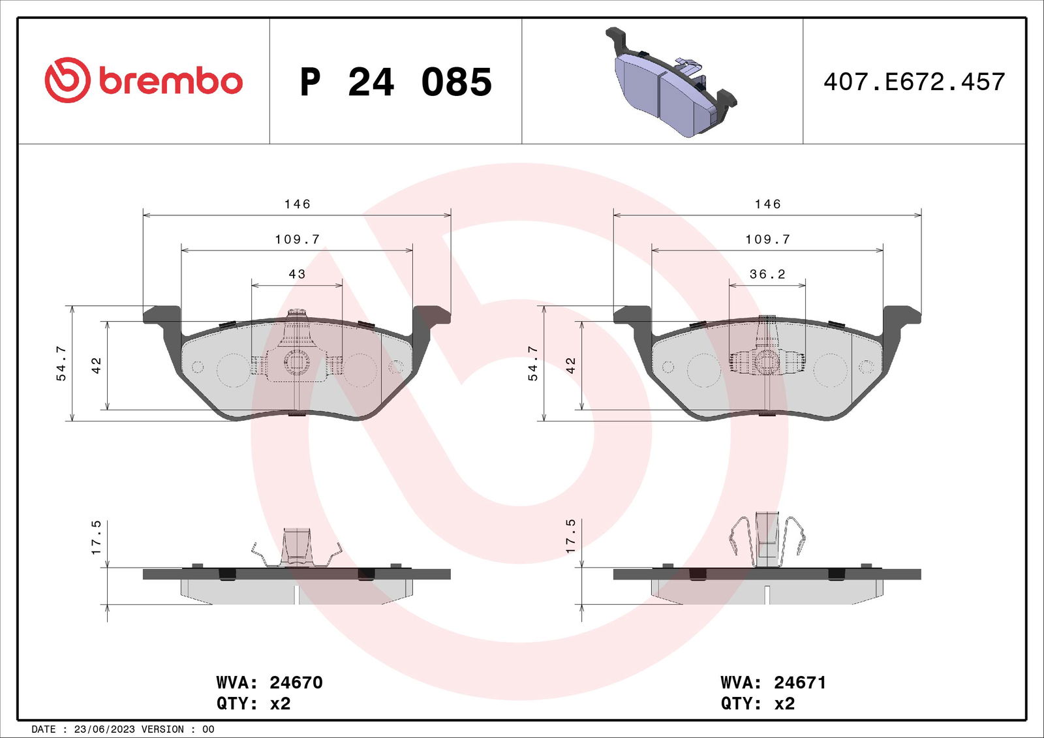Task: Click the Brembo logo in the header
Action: tap(144, 80)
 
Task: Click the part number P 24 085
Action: tap(395, 82)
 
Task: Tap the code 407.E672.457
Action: tap(914, 82)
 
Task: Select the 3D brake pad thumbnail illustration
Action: tap(671, 82)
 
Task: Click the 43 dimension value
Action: tap(297, 273)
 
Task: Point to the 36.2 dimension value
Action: tap(767, 273)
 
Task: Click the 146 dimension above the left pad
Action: tap(298, 204)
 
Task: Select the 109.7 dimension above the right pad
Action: tap(767, 239)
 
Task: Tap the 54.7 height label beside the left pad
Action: tap(61, 363)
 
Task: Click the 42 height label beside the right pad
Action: tap(570, 365)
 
